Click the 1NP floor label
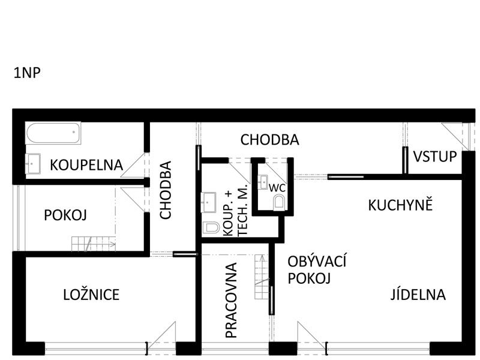pyautogui.click(x=27, y=73)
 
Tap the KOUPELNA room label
pyautogui.click(x=86, y=165)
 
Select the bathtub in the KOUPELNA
pyautogui.click(x=53, y=133)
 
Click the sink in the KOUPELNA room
pyautogui.click(x=33, y=163)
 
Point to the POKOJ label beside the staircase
pyautogui.click(x=65, y=215)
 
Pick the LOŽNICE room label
pyautogui.click(x=91, y=295)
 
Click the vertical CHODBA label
pyautogui.click(x=166, y=190)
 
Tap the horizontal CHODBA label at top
pyautogui.click(x=269, y=140)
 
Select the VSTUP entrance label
pyautogui.click(x=435, y=156)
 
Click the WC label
pyautogui.click(x=277, y=188)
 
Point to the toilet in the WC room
pyautogui.click(x=278, y=203)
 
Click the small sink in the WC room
pyautogui.click(x=263, y=182)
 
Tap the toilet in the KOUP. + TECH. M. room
pyautogui.click(x=211, y=227)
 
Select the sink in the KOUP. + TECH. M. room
pyautogui.click(x=208, y=202)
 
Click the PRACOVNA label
pyautogui.click(x=231, y=300)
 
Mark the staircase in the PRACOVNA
pyautogui.click(x=262, y=277)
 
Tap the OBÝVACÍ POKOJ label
pyautogui.click(x=317, y=270)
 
